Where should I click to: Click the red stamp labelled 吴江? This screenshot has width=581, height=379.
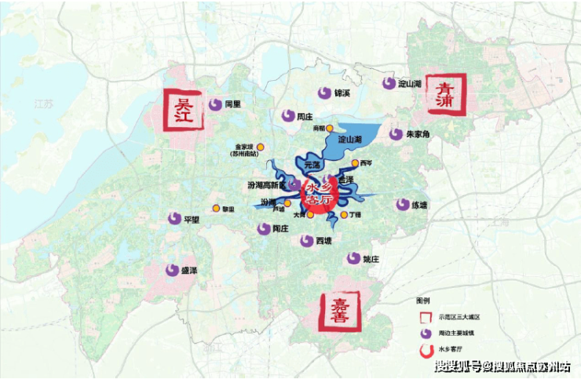(181, 110)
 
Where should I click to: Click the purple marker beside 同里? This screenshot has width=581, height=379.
(215, 104)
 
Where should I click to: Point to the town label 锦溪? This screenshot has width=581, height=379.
(342, 93)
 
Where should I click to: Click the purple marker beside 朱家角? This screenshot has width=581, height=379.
(396, 134)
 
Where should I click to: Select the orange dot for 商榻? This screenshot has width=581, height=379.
(330, 128)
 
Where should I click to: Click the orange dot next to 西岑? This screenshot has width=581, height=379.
(355, 163)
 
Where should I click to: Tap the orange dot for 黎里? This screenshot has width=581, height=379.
(216, 209)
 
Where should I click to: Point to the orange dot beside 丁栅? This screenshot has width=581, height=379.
(345, 214)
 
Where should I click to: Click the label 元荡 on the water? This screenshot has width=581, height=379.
(312, 166)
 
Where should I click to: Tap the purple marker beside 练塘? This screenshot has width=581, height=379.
(402, 205)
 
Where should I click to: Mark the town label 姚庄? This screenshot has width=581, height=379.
(371, 259)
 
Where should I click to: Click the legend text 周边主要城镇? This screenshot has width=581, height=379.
(457, 333)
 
